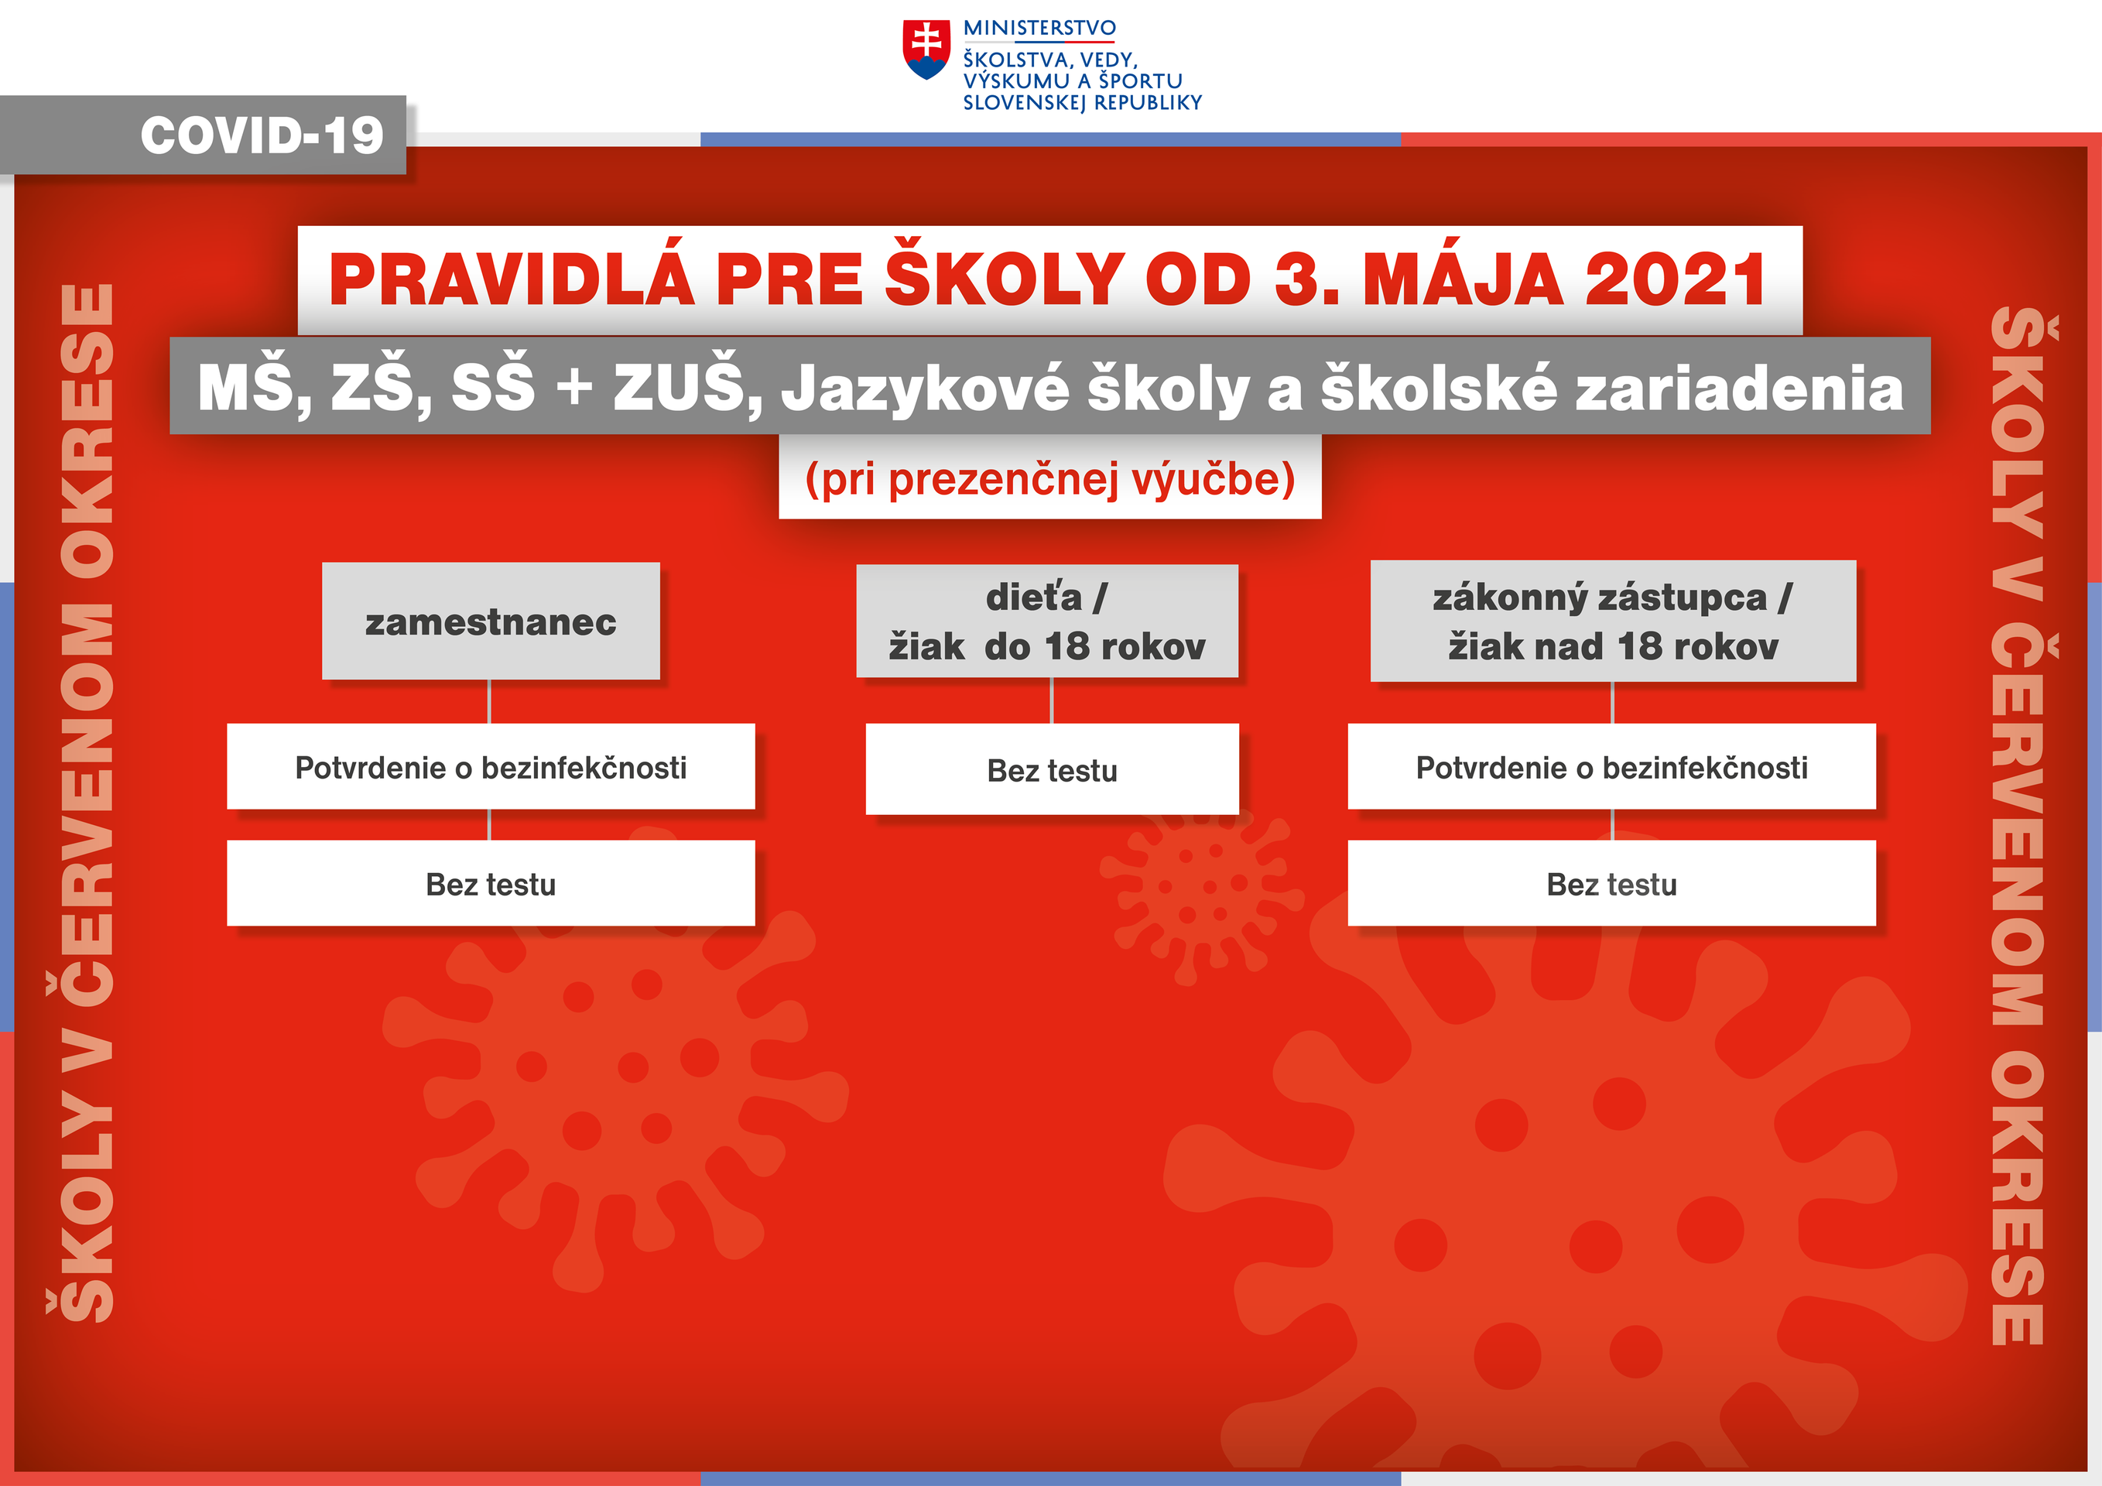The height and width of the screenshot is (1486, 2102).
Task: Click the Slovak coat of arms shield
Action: pos(926,50)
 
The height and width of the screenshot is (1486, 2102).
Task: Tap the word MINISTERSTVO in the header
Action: pos(1039,29)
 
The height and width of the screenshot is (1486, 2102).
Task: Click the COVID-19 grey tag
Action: pos(261,135)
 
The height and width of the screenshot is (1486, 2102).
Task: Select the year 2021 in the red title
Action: pos(1675,280)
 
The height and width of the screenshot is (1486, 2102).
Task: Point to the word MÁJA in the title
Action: pos(1462,280)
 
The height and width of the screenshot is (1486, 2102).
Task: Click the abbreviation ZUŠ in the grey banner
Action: pos(680,387)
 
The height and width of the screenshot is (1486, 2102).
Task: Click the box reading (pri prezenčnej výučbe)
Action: pos(1049,478)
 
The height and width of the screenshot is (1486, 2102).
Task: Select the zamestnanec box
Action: pos(491,621)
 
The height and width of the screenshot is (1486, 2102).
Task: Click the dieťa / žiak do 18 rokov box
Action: pos(1046,621)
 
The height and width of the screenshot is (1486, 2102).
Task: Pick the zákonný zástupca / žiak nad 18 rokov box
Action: pos(1612,621)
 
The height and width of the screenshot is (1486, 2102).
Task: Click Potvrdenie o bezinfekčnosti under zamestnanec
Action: pos(491,767)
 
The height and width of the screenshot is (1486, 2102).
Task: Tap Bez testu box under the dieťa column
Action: pos(1052,770)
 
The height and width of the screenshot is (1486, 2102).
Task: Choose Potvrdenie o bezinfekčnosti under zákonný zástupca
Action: pos(1611,767)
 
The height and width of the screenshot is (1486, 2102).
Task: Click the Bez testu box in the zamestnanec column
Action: pos(491,884)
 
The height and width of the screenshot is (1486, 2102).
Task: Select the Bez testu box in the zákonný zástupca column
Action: pos(1611,884)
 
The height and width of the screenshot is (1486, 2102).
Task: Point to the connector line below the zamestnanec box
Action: pos(490,701)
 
